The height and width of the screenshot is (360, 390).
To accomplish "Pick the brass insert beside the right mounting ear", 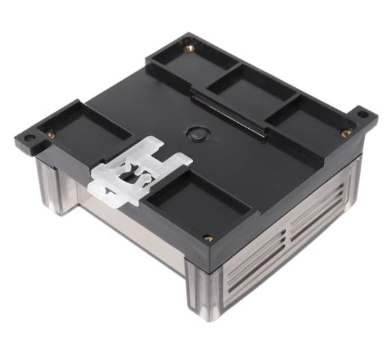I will pos(346,133).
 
